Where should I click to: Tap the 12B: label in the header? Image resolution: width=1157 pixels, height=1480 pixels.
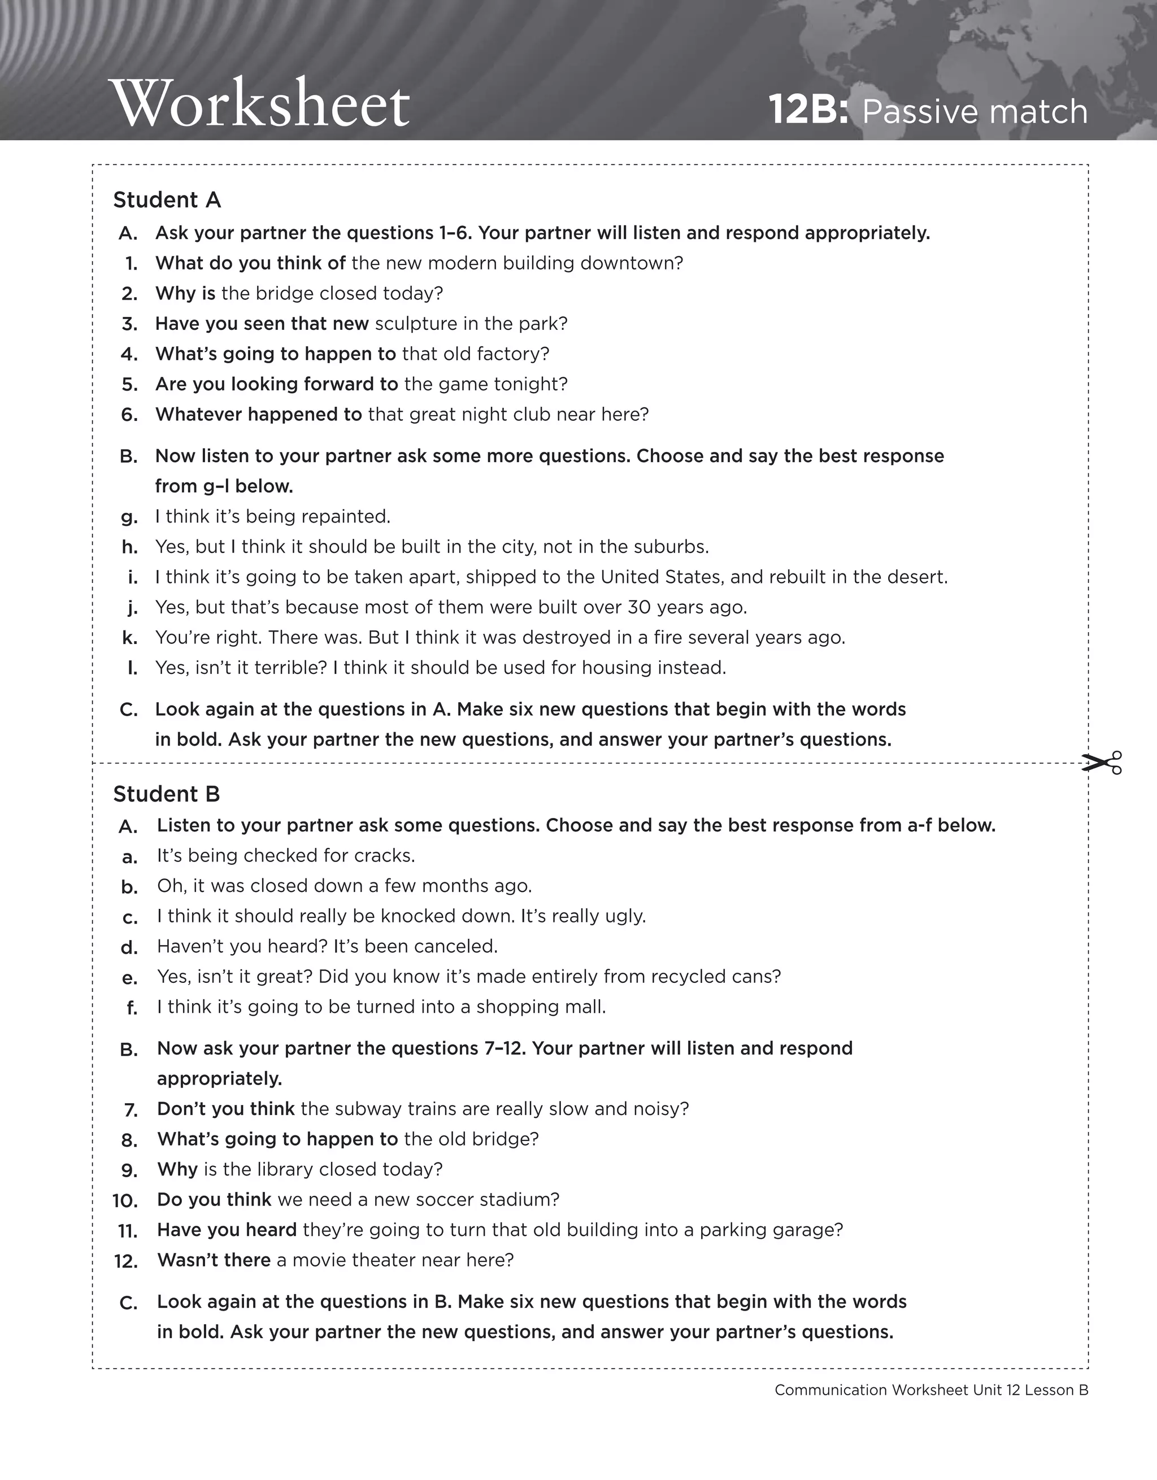pyautogui.click(x=808, y=111)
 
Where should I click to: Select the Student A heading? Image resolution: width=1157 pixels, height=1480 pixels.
pyautogui.click(x=167, y=200)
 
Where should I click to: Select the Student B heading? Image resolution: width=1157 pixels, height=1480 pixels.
pyautogui.click(x=167, y=794)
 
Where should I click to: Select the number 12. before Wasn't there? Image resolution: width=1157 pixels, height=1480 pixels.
pyautogui.click(x=126, y=1261)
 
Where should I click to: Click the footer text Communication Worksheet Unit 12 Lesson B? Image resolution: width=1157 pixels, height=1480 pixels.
pyautogui.click(x=931, y=1390)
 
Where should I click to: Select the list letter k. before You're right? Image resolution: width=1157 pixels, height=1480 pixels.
pyautogui.click(x=129, y=638)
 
